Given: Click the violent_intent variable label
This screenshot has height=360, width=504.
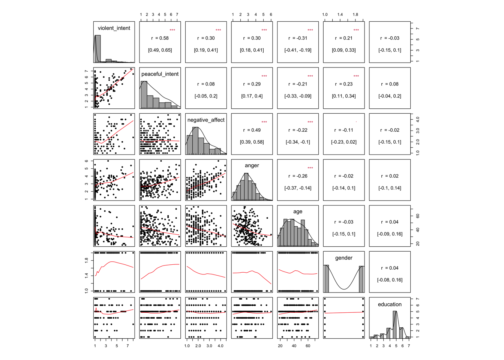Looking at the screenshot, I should pos(114,28).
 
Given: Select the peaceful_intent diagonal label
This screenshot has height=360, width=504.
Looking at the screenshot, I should pos(160,74).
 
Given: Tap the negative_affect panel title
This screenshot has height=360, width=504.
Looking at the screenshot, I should pos(206,120).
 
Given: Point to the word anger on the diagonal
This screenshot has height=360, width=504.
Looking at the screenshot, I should pos(252,165).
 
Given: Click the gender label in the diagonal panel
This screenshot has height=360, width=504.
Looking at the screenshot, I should pos(343,258).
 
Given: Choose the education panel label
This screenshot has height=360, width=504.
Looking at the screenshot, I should pos(390,304).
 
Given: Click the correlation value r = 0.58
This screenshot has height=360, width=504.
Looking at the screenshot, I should pos(160,38).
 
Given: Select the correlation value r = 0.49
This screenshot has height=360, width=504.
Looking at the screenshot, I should pos(252,130).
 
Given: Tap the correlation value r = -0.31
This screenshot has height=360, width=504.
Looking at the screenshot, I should pos(298,38).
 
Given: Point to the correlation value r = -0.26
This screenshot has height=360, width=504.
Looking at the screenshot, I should pos(298,176).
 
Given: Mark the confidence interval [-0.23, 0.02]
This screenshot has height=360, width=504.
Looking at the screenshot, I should pos(343,142).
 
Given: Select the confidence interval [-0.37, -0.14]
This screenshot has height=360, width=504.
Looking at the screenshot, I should pos(298,188).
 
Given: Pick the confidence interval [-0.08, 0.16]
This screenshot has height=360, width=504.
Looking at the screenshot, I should pos(390,280).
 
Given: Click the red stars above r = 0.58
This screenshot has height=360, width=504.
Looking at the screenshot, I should pos(172,30).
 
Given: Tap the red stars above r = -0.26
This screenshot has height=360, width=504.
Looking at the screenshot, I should pos(310,168).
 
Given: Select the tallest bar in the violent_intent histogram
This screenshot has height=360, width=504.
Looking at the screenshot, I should pos(97,49).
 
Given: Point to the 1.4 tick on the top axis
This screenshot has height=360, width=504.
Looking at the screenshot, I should pos(340,15).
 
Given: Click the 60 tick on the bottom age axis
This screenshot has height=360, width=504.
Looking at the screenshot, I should pos(308,346).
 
